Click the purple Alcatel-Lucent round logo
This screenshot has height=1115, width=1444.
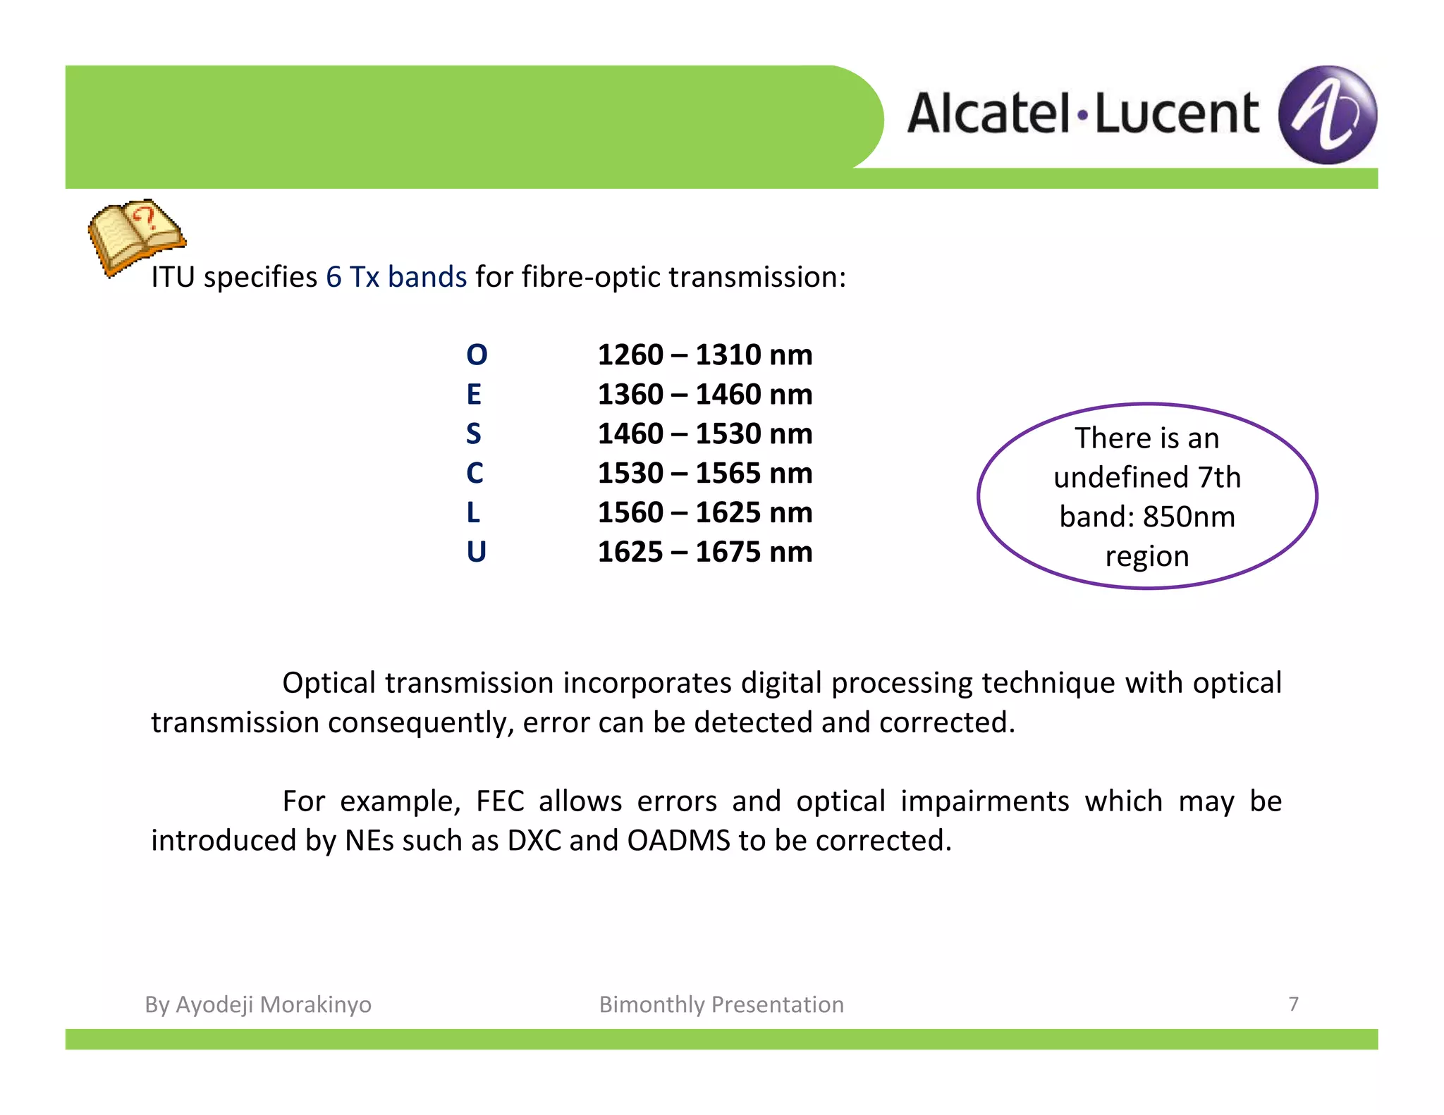click(1327, 115)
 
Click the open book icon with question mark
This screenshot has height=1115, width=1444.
click(135, 235)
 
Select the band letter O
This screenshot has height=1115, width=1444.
click(477, 355)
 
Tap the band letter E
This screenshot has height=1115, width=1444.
click(474, 394)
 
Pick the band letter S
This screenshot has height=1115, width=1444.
click(474, 433)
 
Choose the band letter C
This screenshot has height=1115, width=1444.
click(475, 473)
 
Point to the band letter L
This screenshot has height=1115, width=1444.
click(473, 512)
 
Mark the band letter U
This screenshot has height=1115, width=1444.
click(476, 552)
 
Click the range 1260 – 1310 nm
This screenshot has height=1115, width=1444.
click(704, 355)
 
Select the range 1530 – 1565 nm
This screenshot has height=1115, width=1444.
click(704, 473)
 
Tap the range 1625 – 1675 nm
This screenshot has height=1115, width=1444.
click(704, 552)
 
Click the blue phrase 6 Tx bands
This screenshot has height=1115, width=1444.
click(396, 277)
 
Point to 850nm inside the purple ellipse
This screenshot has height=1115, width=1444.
click(1189, 517)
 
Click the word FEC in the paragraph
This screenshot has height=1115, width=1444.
click(499, 801)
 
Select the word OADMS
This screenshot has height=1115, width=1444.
click(678, 841)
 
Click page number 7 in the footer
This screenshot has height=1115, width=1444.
click(1293, 1004)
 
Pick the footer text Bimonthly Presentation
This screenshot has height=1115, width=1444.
click(721, 1004)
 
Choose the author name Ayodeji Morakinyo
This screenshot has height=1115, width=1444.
click(273, 1004)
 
